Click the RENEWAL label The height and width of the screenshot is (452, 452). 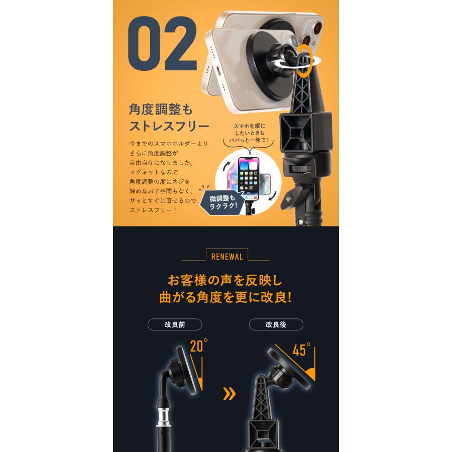tap(225, 256)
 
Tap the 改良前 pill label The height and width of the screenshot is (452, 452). tap(175, 324)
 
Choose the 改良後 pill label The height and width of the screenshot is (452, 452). tap(275, 324)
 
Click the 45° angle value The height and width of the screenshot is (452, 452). tap(301, 351)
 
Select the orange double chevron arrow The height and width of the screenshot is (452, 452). tap(229, 394)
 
